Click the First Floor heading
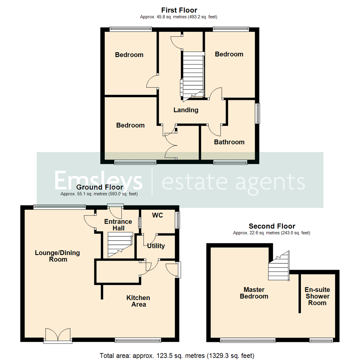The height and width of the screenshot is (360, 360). coord(179,10)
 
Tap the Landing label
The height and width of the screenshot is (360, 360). coord(186,110)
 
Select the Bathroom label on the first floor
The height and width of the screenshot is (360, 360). coord(229,142)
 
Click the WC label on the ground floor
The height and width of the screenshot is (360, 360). coord(157,215)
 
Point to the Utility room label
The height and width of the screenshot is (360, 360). coord(156,246)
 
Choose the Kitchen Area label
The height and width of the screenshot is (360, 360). coord(138,301)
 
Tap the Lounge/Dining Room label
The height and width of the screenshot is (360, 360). coord(57,256)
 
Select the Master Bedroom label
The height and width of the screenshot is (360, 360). coord(254,293)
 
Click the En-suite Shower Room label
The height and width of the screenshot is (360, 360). coord(317,296)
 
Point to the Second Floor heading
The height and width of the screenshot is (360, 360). coord(271,227)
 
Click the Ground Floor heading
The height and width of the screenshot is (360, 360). coord(99,187)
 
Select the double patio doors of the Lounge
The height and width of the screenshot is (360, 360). coord(58,335)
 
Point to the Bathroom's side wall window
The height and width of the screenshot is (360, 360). coord(258,113)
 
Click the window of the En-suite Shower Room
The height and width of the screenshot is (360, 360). coord(321,340)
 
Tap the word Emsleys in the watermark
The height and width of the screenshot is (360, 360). coord(99,181)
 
